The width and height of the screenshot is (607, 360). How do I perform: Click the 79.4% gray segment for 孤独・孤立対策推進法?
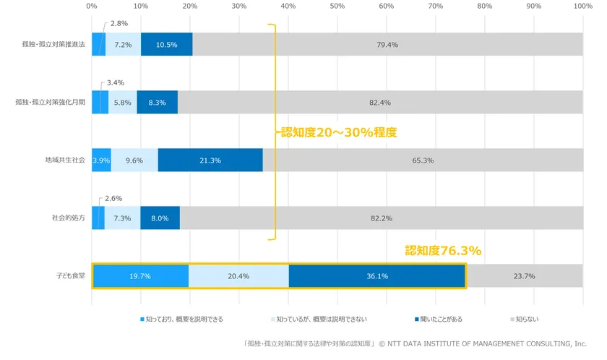tap(387, 45)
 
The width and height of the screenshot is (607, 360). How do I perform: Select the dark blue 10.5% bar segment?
tap(166, 45)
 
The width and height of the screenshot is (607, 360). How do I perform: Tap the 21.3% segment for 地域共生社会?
tap(210, 160)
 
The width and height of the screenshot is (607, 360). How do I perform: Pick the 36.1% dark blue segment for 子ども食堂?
tap(376, 276)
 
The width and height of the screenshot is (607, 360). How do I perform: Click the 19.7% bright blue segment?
tap(140, 276)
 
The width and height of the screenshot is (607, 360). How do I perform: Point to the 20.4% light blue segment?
tap(238, 276)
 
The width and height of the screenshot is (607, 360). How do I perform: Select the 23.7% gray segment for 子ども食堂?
tap(524, 276)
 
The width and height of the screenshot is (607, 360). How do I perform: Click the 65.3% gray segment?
tap(423, 160)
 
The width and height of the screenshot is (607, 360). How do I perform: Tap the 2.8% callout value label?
tap(119, 23)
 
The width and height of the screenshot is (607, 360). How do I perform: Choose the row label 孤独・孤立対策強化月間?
tap(50, 103)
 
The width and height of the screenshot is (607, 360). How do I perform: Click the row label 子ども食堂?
tap(70, 276)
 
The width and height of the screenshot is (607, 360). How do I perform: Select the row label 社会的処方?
tap(68, 218)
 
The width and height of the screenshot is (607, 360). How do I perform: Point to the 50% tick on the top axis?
tap(337, 6)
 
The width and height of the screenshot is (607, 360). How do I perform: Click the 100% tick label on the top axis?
tap(582, 6)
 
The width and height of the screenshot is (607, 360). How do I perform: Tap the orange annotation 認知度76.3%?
tap(443, 251)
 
